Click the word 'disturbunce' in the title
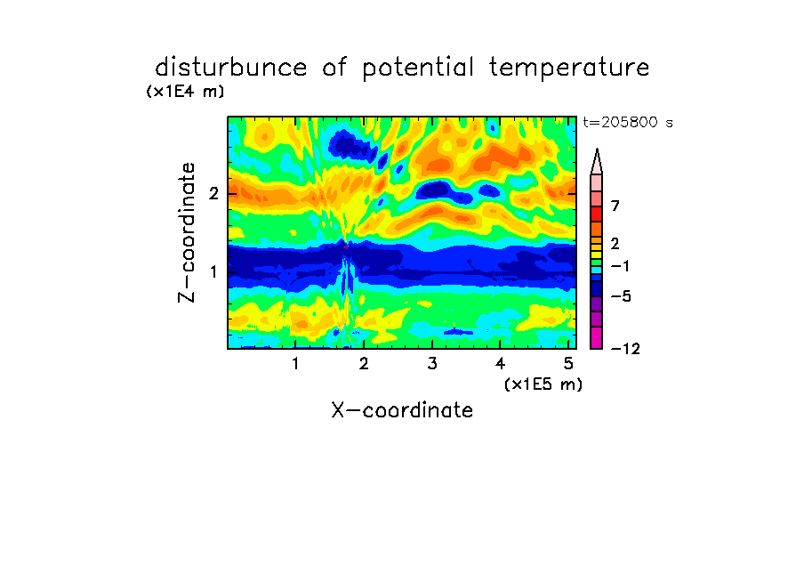(x=230, y=68)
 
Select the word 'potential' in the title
(x=417, y=69)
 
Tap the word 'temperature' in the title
(x=568, y=69)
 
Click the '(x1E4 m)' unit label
(x=185, y=92)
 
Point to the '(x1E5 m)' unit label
(x=543, y=384)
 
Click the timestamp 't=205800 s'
(x=628, y=122)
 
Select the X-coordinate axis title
(x=402, y=410)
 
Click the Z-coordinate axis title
(x=187, y=232)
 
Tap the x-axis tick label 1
(x=295, y=364)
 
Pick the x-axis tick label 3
(x=432, y=364)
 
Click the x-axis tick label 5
(x=568, y=364)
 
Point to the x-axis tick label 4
(x=500, y=364)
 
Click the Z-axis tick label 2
(x=213, y=194)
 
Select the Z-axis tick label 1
(x=213, y=271)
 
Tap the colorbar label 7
(x=615, y=206)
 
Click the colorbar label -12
(x=625, y=349)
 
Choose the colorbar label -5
(x=621, y=296)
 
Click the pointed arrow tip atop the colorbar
(x=597, y=149)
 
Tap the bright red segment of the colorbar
(x=597, y=214)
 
